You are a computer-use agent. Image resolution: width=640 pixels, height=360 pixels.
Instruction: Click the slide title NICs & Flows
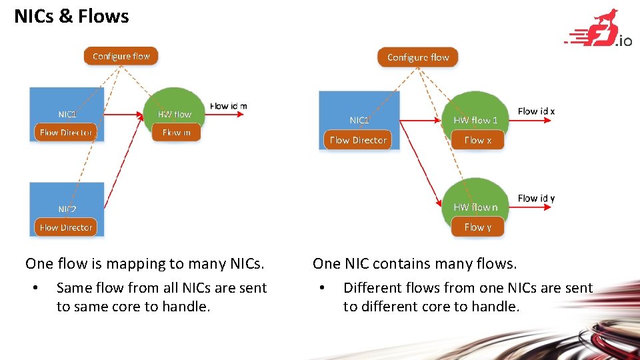click(71, 16)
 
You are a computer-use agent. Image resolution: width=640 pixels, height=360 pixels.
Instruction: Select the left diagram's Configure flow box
click(121, 56)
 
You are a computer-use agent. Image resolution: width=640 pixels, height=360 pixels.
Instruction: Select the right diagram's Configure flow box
click(418, 57)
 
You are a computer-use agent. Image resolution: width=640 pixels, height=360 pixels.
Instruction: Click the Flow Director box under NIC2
click(66, 227)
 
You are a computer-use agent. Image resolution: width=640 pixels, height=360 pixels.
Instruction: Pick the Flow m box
click(176, 133)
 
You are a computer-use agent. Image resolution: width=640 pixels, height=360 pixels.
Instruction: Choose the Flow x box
click(477, 140)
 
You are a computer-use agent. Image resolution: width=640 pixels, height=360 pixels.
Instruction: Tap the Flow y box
click(477, 227)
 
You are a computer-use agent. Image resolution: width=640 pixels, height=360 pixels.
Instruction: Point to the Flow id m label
click(229, 106)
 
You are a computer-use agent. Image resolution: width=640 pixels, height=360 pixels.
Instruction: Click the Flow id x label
click(536, 111)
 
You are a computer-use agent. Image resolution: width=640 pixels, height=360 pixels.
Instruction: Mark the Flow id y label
click(536, 198)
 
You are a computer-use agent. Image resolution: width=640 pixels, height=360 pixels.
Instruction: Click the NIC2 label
click(67, 209)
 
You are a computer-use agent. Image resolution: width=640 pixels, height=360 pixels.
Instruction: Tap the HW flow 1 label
click(475, 120)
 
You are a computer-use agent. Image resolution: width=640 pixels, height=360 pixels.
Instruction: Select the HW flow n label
click(475, 207)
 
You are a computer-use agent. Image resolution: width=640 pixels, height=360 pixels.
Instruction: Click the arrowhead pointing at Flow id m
click(242, 114)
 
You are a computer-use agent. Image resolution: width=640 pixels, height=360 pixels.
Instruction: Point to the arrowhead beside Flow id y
click(550, 207)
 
